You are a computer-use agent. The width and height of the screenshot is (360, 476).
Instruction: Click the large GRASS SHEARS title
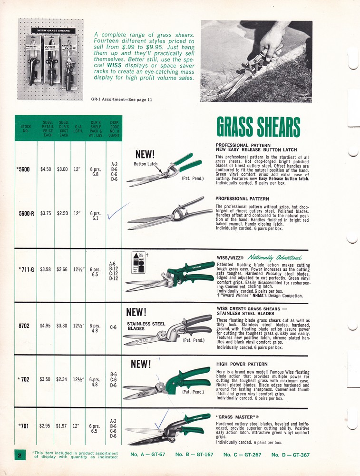point(258,127)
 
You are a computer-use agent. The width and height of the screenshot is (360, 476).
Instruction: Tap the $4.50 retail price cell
point(46,169)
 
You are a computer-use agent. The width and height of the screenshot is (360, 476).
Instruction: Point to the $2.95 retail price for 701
point(45,425)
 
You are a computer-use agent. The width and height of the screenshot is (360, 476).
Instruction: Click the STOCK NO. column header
point(26,129)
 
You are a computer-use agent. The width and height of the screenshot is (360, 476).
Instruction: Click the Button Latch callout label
point(146,164)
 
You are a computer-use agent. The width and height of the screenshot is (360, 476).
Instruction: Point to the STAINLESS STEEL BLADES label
point(146,326)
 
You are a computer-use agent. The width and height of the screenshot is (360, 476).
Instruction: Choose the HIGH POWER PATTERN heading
point(242,364)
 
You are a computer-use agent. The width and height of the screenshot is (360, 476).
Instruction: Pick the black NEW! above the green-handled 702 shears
point(141,364)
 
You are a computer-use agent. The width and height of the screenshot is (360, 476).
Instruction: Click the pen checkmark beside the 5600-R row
point(117,213)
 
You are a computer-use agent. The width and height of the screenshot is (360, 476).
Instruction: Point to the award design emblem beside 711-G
point(142,261)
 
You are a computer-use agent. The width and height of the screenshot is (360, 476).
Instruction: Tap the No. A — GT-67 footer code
point(147,455)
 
